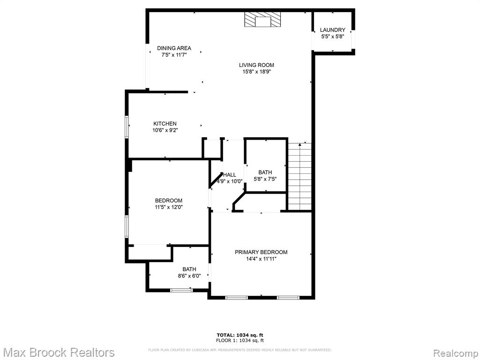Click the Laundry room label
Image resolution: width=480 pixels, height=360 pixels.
332,30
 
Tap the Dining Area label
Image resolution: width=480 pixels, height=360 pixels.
174,48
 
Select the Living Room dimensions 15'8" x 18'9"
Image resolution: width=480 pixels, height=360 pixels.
256,72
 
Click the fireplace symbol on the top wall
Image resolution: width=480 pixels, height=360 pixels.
262,20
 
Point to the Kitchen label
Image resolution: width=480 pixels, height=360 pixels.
165,124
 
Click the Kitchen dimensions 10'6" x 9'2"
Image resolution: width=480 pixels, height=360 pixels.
165,130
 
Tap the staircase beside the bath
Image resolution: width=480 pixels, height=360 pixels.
300,177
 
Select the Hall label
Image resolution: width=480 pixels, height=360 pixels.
230,175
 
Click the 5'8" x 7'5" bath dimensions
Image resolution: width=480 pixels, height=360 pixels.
265,179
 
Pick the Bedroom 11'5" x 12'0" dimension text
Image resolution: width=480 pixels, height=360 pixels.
169,207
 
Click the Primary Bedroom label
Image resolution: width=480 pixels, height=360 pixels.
261,252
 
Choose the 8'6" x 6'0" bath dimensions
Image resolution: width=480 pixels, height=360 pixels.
189,276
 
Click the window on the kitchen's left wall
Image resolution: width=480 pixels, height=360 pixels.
127,127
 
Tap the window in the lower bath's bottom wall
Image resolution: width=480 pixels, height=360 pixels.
181,290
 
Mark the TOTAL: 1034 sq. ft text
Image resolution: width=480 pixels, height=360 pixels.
240,335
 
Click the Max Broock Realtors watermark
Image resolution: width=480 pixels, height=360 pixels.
58,352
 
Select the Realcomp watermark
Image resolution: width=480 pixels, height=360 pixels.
456,353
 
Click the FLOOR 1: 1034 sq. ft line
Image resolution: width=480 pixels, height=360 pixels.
240,340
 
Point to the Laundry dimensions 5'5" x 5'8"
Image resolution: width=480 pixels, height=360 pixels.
332,37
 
